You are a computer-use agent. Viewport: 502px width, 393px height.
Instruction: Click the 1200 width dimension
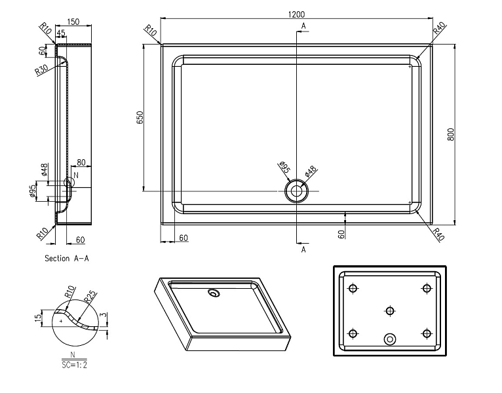pyautogui.click(x=296, y=14)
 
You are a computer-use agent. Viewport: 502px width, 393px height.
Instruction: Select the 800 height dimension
pyautogui.click(x=450, y=134)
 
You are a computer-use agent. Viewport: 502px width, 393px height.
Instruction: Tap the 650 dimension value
pyautogui.click(x=140, y=118)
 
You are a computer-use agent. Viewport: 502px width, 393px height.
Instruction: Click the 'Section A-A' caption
pyautogui.click(x=67, y=258)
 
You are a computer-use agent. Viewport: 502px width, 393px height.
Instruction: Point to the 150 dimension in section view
pyautogui.click(x=73, y=22)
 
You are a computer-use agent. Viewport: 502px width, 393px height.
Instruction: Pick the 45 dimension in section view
pyautogui.click(x=60, y=33)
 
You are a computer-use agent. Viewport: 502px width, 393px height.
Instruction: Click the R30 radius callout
pyautogui.click(x=42, y=70)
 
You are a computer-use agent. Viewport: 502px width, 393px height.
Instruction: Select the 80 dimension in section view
pyautogui.click(x=81, y=162)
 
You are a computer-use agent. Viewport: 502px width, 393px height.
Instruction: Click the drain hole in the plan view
pyautogui.click(x=296, y=191)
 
